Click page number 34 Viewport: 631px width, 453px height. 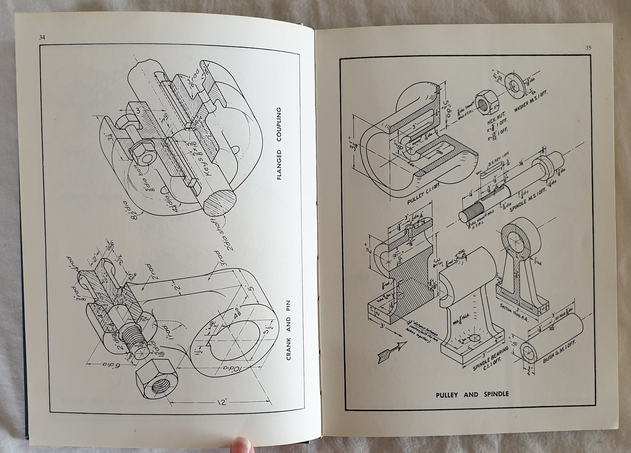pyautogui.click(x=42, y=37)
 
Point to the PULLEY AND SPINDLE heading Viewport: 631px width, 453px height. pyautogui.click(x=472, y=394)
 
